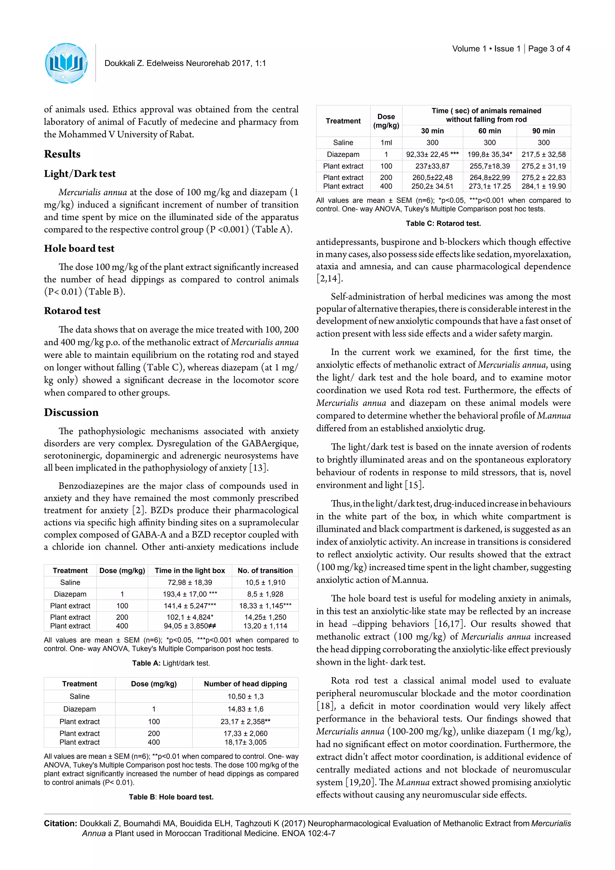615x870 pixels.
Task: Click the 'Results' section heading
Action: [x=62, y=154]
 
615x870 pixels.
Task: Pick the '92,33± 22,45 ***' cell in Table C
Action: [x=432, y=154]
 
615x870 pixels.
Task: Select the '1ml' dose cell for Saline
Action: [x=386, y=142]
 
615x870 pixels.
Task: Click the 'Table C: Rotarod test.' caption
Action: [x=443, y=223]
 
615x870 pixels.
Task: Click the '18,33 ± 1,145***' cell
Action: [x=265, y=606]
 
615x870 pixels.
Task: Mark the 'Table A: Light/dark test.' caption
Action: [x=171, y=663]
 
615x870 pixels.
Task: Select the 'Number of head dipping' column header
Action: [x=245, y=683]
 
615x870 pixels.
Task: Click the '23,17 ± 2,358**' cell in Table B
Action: [x=245, y=722]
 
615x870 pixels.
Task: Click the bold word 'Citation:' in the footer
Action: [x=61, y=823]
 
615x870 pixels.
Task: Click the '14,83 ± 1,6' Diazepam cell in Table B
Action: [x=245, y=709]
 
